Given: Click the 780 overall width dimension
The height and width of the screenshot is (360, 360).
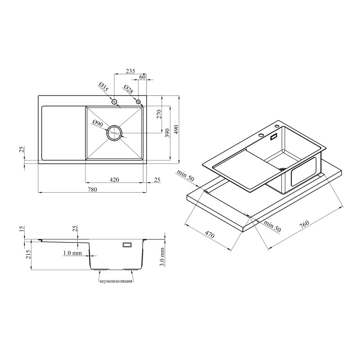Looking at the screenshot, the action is coord(92,189).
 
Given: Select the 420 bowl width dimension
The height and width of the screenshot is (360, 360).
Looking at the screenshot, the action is coord(114,180).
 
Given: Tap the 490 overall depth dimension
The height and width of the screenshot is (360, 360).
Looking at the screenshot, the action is coord(176,130).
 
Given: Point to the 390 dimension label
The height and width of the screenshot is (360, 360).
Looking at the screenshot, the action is coord(167,133).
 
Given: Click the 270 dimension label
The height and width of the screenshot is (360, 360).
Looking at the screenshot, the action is coord(159,114).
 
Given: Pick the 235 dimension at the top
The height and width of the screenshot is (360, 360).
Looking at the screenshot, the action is coord(130,71).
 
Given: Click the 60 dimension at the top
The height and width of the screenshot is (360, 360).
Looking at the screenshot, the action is coord(142,76).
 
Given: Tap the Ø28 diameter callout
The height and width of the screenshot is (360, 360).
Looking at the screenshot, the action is coord(128,89).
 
